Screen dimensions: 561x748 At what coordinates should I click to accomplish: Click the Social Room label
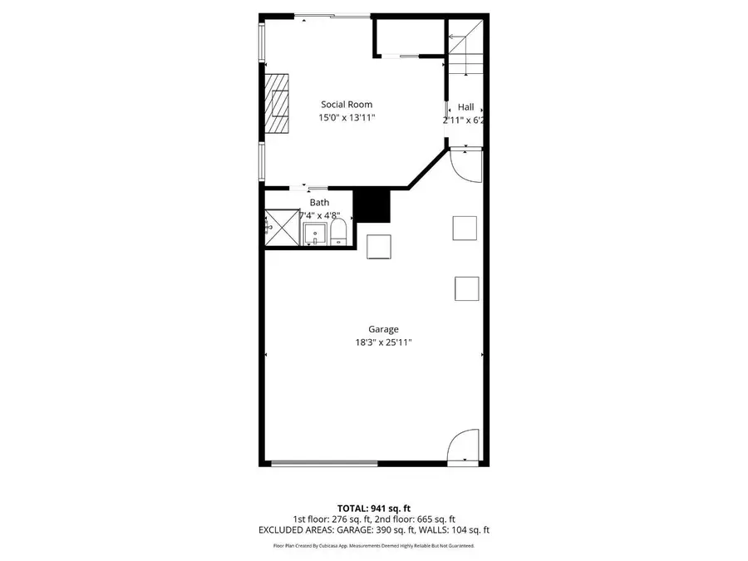pos(347,105)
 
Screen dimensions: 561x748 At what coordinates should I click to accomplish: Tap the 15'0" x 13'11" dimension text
pos(347,119)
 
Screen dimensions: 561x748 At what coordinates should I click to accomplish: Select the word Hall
pos(465,107)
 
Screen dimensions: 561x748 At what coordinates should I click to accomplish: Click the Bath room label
pos(319,202)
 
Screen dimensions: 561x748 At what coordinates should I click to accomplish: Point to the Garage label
pos(373,329)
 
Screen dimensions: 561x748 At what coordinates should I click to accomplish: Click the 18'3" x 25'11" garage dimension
pos(373,342)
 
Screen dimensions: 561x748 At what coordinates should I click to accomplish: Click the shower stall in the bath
pos(281,227)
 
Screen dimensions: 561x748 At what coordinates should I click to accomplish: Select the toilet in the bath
pos(337,232)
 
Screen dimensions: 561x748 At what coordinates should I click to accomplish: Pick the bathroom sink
pos(315,234)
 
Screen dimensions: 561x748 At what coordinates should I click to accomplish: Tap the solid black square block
pos(372,205)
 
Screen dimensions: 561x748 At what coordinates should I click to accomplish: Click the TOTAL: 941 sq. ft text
pos(373,508)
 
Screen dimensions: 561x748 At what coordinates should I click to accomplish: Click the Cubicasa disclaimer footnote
pos(373,546)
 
